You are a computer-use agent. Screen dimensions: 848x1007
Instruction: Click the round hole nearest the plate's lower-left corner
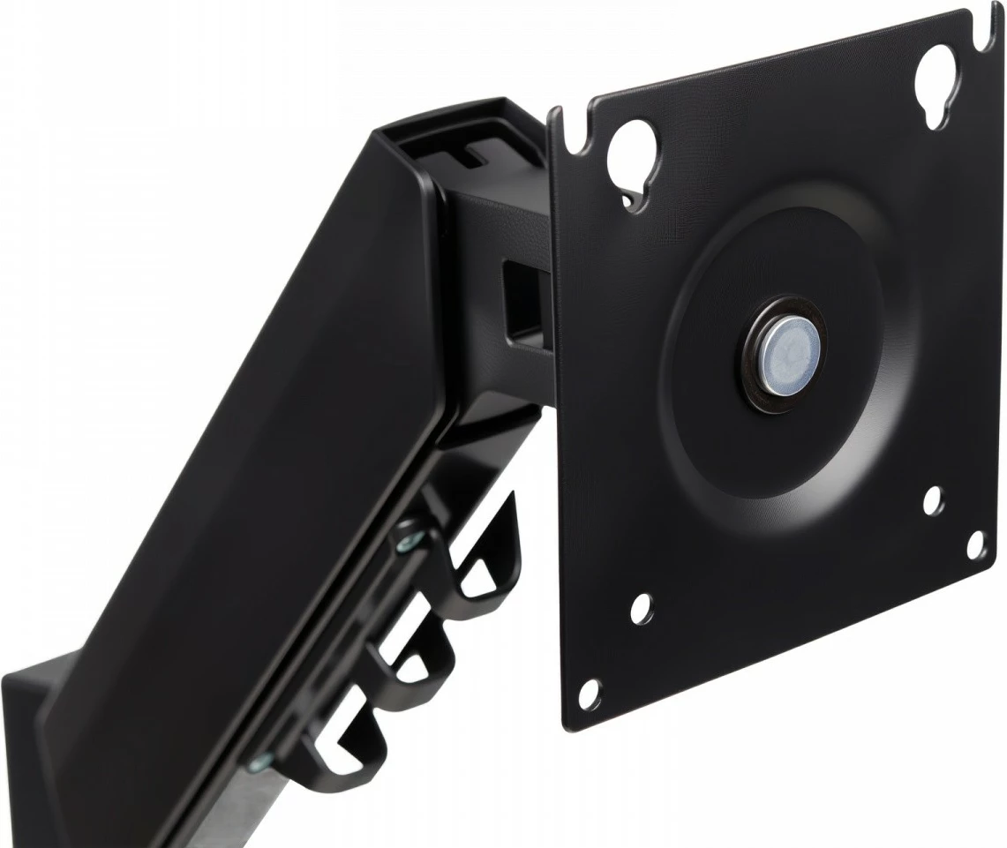590,694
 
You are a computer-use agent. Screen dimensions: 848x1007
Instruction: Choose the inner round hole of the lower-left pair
642,607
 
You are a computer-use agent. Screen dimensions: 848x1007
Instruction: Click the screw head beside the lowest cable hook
259,762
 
